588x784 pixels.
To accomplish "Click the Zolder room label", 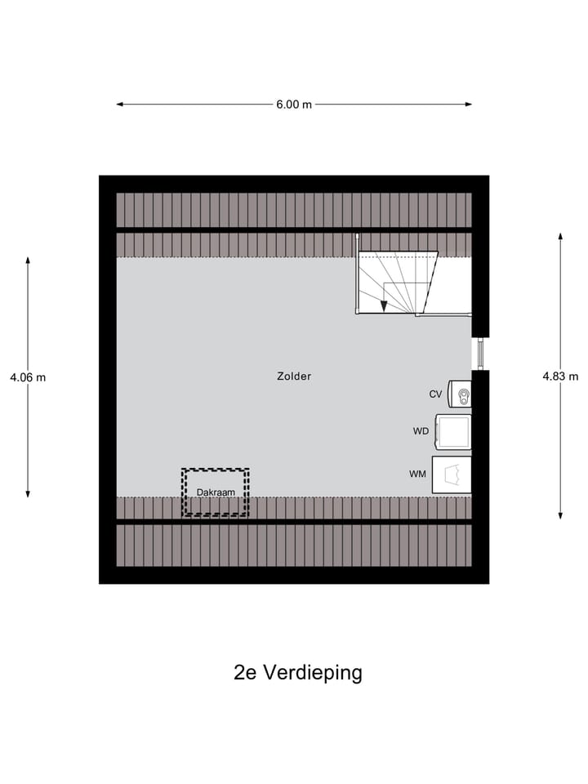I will point(294,376).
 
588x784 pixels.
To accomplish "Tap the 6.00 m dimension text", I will point(294,105).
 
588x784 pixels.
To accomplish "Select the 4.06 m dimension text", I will point(28,377).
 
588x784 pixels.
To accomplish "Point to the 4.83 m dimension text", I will point(560,376).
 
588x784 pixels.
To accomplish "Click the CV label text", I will point(435,394).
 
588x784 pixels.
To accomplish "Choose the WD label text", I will point(421,430).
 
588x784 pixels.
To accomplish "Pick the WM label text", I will point(417,474).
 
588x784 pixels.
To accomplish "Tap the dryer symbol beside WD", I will point(454,432).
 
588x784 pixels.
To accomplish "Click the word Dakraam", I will point(215,492).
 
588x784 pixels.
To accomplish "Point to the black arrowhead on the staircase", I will point(384,306).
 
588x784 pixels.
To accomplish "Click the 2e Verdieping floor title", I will point(297,673).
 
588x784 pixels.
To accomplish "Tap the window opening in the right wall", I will point(480,354).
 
